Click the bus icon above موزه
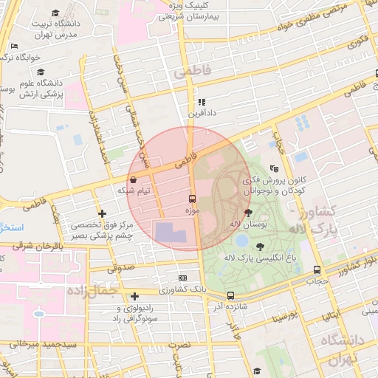[x=192, y=199]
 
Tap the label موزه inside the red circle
[x=193, y=212]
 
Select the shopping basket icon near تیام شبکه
[x=132, y=179]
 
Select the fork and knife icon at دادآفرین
[x=200, y=102]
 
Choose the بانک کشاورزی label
[x=182, y=288]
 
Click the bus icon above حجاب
[x=317, y=269]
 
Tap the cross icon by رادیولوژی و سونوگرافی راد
[x=134, y=295]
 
